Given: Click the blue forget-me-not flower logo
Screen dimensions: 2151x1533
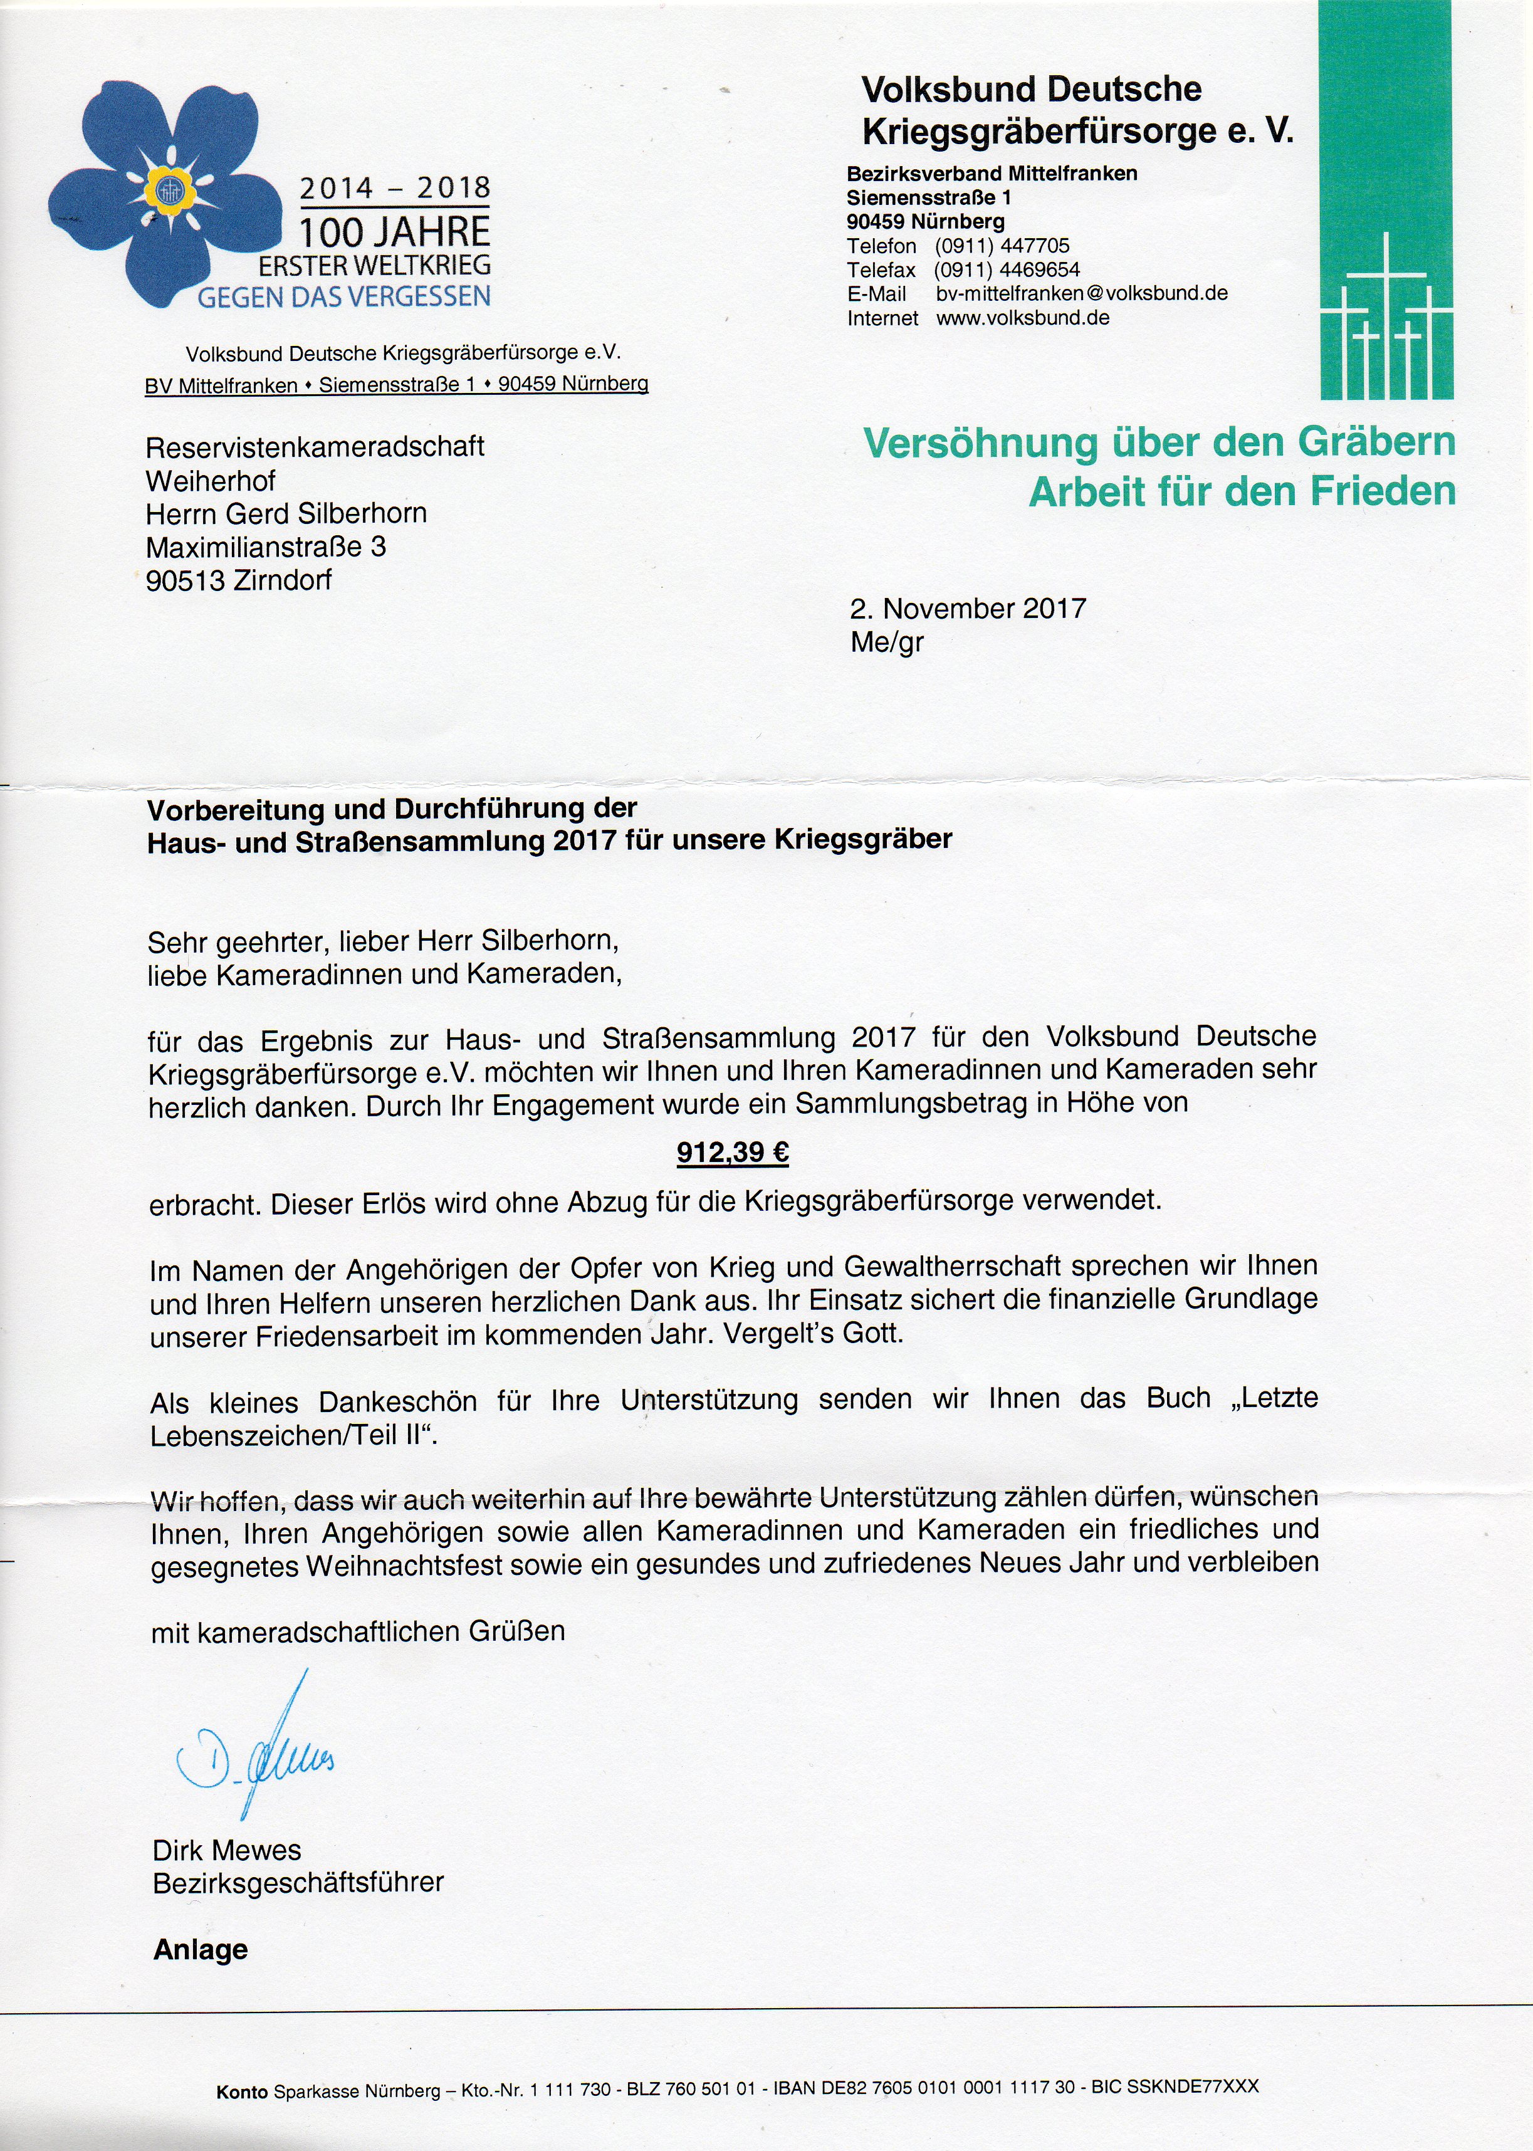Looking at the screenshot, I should click(x=165, y=194).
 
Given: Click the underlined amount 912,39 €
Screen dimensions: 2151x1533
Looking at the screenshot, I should click(x=733, y=1153).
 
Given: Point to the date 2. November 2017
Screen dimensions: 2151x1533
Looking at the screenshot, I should click(x=968, y=608).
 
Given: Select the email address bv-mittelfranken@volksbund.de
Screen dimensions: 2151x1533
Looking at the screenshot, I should click(x=1082, y=293).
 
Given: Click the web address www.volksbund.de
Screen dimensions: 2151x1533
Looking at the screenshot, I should click(x=1022, y=318).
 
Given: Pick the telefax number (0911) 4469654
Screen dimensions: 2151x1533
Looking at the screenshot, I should click(x=1007, y=270).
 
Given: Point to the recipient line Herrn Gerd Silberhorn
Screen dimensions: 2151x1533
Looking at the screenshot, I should click(x=286, y=513).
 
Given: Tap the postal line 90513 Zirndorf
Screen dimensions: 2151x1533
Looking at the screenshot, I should click(x=238, y=580).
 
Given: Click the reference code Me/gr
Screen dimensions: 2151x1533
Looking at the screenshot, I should click(x=886, y=643).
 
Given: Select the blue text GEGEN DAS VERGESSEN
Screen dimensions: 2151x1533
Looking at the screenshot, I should click(x=343, y=297).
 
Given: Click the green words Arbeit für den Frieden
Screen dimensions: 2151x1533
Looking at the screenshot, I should click(x=1242, y=492).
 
